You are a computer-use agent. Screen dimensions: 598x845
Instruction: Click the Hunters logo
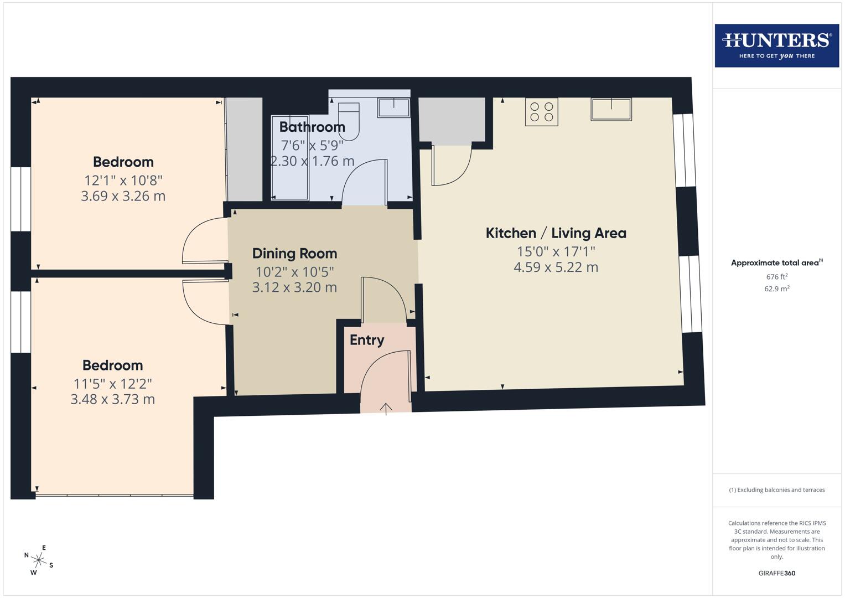pos(776,45)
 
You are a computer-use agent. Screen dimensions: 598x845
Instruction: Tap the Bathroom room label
pos(312,127)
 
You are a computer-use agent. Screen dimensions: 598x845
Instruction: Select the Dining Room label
pos(294,254)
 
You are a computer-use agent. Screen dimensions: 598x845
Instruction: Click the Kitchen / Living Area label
pos(556,233)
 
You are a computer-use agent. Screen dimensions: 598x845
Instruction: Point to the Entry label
pos(367,340)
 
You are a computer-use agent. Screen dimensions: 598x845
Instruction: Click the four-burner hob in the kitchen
pos(542,112)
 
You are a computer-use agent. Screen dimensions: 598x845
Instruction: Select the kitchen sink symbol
pos(611,109)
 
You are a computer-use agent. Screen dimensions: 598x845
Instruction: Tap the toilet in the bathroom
pos(349,119)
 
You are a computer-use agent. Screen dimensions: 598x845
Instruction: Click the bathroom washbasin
pos(393,107)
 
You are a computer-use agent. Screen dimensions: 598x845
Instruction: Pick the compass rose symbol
pos(39,560)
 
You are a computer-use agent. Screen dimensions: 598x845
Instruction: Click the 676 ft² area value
pos(776,277)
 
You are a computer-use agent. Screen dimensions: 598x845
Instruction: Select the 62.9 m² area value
pos(776,288)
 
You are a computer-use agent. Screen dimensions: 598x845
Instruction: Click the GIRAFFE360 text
pos(776,573)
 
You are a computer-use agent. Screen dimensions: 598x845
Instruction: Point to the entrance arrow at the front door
pos(386,409)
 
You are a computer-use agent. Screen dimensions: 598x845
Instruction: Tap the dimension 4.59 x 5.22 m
pos(556,267)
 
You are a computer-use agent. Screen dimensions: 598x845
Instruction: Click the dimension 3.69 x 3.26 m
pos(123,196)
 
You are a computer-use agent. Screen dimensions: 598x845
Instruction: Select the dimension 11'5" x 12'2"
pos(112,383)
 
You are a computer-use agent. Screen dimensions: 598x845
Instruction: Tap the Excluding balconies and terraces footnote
pos(776,490)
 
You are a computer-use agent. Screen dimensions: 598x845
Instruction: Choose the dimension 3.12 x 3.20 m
pos(294,287)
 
